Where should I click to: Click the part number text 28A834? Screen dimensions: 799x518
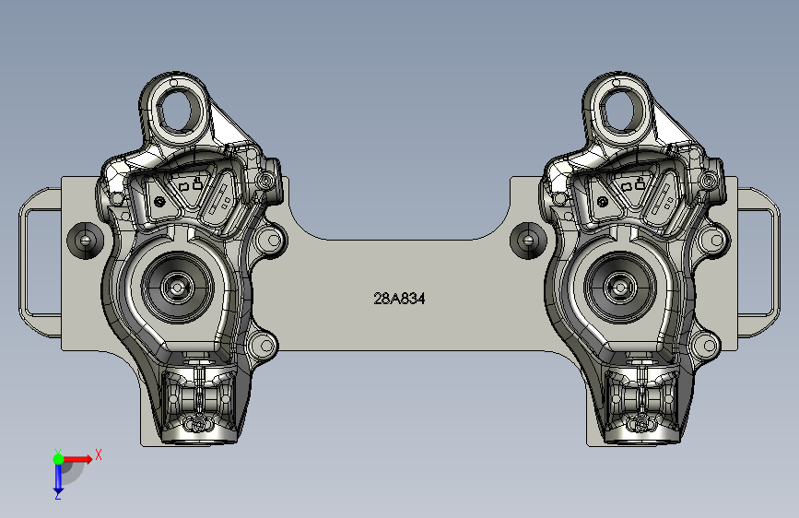click(x=399, y=299)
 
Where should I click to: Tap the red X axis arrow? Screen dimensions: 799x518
click(x=76, y=459)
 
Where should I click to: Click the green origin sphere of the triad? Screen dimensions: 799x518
click(x=59, y=459)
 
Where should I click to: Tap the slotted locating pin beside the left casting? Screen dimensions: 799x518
click(x=85, y=240)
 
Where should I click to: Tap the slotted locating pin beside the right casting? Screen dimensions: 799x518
click(x=528, y=240)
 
